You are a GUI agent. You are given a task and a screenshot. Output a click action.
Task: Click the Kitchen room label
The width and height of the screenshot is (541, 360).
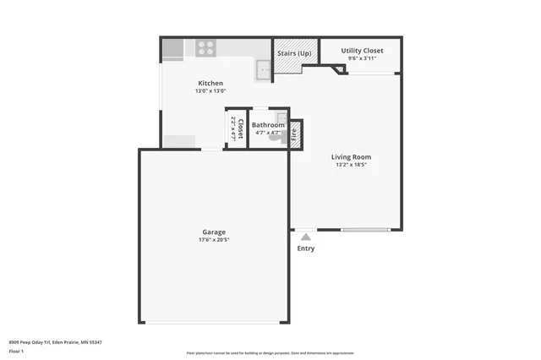[210, 83]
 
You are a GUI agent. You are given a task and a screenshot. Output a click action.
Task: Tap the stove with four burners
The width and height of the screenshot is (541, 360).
[205, 48]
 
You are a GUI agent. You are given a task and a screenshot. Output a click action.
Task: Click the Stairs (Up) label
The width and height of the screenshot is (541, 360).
[294, 53]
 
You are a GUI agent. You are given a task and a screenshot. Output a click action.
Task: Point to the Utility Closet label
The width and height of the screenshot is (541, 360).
[362, 51]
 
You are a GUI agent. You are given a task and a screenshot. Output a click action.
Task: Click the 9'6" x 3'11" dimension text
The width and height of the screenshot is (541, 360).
[362, 58]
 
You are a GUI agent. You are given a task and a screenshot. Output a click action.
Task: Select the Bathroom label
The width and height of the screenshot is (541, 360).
[268, 125]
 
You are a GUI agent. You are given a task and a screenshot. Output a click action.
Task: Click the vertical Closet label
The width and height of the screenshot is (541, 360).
[240, 128]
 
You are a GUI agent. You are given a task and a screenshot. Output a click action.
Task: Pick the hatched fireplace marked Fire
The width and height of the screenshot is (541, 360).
[295, 134]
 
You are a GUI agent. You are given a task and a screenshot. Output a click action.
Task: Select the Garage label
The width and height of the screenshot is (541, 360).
[213, 232]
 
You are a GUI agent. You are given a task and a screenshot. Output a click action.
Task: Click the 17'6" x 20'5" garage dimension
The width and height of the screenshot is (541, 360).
[213, 240]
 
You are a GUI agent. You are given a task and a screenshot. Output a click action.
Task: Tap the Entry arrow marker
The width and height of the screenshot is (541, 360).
[305, 236]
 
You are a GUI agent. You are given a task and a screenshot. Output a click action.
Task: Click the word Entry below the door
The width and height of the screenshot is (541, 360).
[305, 248]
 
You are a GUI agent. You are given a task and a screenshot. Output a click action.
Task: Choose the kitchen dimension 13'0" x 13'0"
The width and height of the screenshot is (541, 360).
[210, 90]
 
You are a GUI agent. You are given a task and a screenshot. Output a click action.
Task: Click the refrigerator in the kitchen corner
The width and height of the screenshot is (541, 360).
[172, 48]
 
